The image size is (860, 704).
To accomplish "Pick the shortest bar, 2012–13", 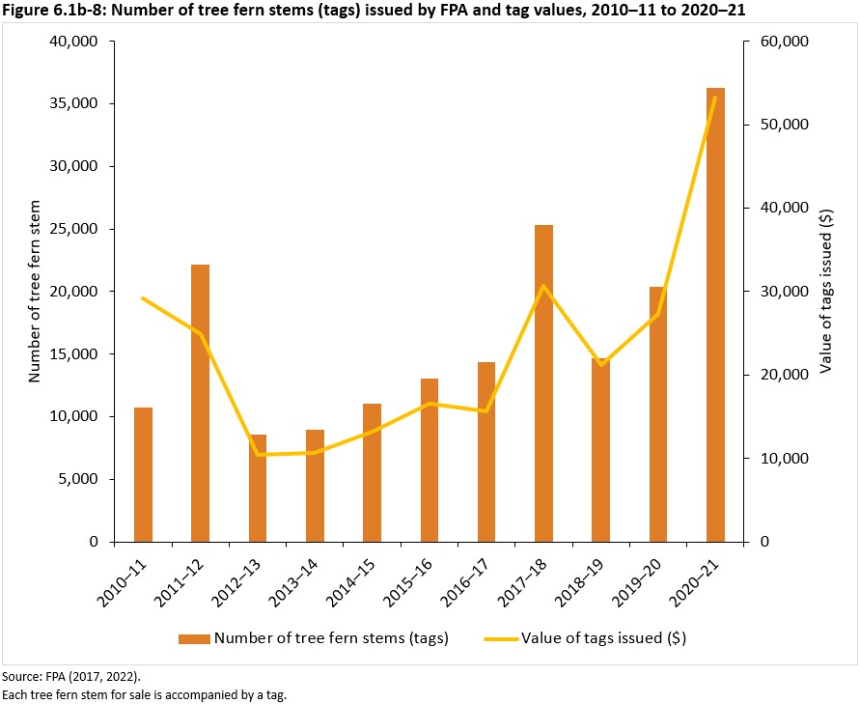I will click(x=258, y=488).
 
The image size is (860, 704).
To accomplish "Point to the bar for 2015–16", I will click(x=430, y=460).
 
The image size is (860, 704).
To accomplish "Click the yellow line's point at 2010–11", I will click(x=143, y=298).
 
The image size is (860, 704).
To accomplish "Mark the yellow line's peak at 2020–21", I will click(x=715, y=98).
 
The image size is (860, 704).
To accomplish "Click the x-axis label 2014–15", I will click(x=357, y=579).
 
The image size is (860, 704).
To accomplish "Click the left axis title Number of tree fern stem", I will click(x=34, y=291).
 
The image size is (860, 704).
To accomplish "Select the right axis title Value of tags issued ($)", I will click(x=825, y=291).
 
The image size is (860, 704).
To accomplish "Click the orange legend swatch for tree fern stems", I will click(x=193, y=638).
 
